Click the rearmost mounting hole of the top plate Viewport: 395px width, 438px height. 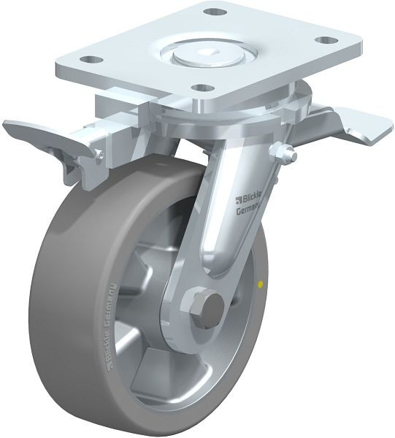click(212, 12)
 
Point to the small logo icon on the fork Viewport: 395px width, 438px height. click(239, 197)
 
